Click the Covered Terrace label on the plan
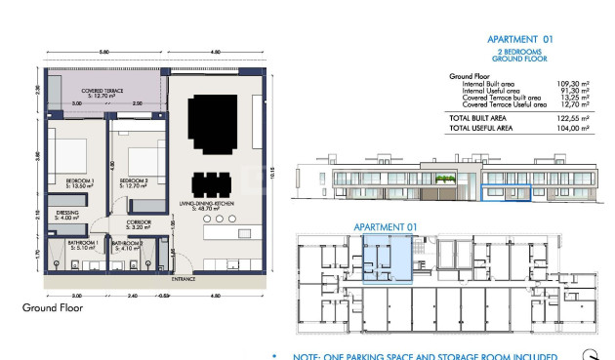point(99,95)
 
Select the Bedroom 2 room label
point(133,183)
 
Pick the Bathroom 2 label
point(127,246)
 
